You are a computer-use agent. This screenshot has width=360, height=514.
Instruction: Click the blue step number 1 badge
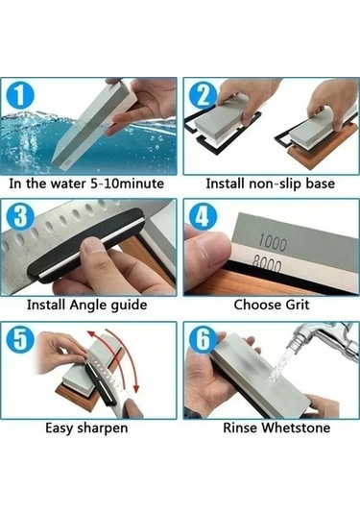pyautogui.click(x=20, y=95)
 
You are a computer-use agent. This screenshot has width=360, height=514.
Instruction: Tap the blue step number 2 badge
pyautogui.click(x=203, y=95)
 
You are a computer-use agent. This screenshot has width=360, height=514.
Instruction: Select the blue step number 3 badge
pyautogui.click(x=20, y=217)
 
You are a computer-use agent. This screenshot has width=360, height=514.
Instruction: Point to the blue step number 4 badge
pyautogui.click(x=203, y=217)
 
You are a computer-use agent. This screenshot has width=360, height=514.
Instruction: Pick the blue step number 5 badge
pyautogui.click(x=20, y=339)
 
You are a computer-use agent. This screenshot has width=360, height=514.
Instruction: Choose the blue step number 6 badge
pyautogui.click(x=203, y=339)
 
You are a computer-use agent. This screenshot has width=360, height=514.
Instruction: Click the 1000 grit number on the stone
pyautogui.click(x=273, y=243)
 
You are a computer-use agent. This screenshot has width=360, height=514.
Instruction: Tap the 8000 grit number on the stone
pyautogui.click(x=267, y=265)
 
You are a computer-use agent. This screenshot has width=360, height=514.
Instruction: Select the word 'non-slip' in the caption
pyautogui.click(x=276, y=184)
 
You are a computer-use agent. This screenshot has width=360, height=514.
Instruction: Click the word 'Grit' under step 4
pyautogui.click(x=298, y=305)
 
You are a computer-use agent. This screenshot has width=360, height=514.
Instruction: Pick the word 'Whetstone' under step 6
pyautogui.click(x=297, y=428)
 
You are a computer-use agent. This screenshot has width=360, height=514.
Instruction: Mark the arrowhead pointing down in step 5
pyautogui.click(x=136, y=388)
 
